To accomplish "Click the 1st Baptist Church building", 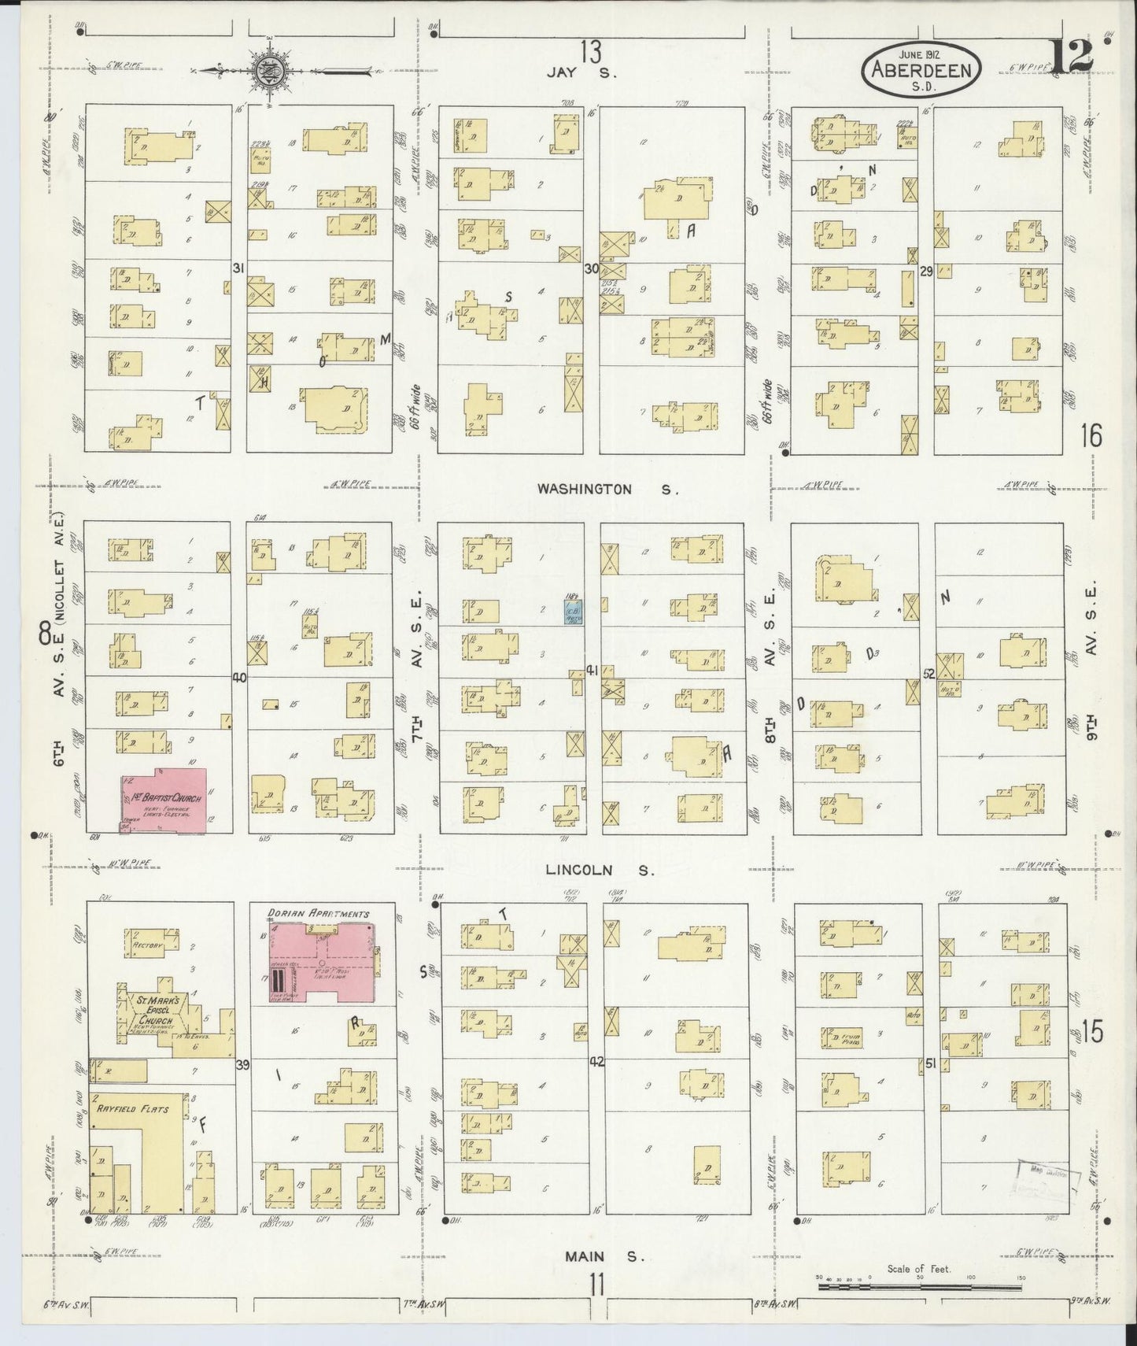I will pos(164,799).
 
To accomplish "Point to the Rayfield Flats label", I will pos(132,1108).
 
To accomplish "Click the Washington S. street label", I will pos(606,489).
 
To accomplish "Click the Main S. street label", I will pos(604,1257).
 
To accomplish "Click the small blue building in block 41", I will pos(573,612).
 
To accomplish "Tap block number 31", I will pos(238,268).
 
